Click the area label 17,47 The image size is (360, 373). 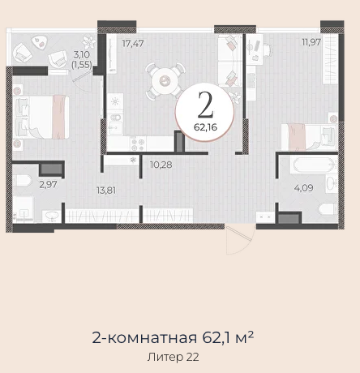tap(132, 43)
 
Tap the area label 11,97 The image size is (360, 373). tap(311, 42)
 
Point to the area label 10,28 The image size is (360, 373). tap(161, 165)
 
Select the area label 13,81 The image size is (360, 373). tap(106, 191)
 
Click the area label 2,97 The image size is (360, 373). tap(48, 185)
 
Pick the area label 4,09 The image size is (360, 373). tap(304, 188)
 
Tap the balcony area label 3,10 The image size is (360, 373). tap(82, 54)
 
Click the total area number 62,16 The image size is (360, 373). tap(205, 127)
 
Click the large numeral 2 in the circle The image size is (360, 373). tap(206, 105)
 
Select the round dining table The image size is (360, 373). tap(165, 80)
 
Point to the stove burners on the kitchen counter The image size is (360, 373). tap(138, 144)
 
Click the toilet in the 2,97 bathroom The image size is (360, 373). tap(22, 181)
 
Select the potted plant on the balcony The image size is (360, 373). tap(89, 42)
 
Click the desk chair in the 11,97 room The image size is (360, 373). tap(268, 50)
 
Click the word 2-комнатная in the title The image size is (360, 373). tap(144, 338)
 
